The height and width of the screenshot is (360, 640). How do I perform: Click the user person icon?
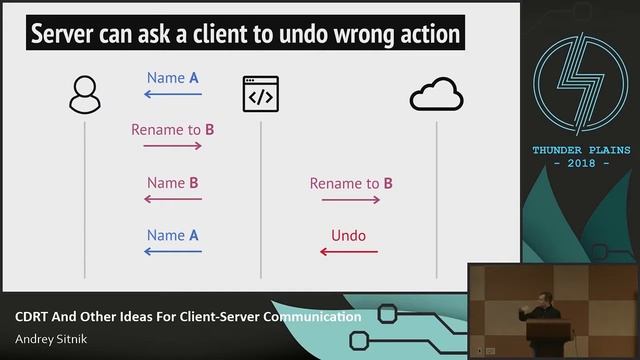coord(84,95)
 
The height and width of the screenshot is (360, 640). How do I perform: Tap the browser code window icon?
coord(260,95)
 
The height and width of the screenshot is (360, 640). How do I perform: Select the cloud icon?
coord(436,95)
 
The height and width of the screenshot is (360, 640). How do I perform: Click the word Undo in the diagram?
coord(348,237)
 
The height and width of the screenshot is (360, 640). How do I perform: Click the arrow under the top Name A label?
coord(173,95)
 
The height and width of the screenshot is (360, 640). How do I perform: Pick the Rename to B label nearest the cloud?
coord(350,184)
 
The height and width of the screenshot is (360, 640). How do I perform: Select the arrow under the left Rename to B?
coord(173,146)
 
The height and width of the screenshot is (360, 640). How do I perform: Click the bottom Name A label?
coord(173,236)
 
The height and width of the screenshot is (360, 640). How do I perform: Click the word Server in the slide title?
coord(66,36)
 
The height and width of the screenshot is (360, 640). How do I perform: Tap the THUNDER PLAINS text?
coord(581,150)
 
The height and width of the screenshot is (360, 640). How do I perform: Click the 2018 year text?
coord(581,163)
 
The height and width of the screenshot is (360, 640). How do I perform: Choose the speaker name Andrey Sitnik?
coord(48,338)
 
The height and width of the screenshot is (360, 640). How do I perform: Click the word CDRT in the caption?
coord(33,317)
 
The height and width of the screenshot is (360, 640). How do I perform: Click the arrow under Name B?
coord(173,199)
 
